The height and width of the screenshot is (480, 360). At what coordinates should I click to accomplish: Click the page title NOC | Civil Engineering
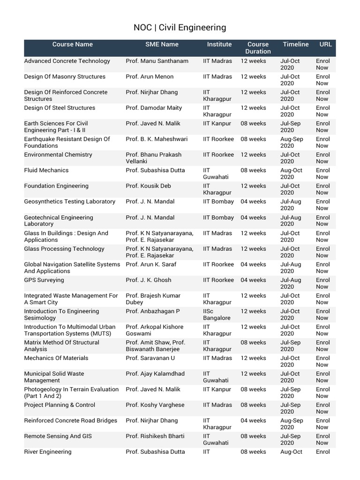coord(180,28)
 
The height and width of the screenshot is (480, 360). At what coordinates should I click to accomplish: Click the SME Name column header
coord(162,45)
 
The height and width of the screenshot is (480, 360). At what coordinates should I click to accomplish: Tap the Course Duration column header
coord(258,48)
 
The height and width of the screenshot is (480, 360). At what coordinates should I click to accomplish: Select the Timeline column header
coord(295,45)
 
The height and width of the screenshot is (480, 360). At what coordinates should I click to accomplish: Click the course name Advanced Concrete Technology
coord(67,61)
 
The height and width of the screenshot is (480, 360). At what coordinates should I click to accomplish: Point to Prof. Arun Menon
coord(150,77)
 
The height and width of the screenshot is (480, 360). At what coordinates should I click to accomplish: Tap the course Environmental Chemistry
coord(58,155)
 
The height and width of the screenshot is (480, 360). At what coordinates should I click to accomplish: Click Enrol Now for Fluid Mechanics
coord(322,173)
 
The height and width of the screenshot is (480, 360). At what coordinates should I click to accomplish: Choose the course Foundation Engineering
coord(56,186)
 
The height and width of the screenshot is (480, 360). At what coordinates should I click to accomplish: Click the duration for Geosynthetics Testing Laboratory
coord(253,202)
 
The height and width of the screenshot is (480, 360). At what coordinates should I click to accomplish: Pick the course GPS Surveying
coord(44,280)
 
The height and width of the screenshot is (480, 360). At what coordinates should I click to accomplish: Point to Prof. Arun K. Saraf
coord(153,264)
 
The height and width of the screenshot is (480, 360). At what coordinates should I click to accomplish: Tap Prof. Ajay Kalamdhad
coord(155,374)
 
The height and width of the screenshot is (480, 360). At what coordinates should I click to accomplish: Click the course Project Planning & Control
coord(60,405)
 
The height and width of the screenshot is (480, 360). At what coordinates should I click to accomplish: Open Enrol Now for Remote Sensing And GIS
coord(322,439)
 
